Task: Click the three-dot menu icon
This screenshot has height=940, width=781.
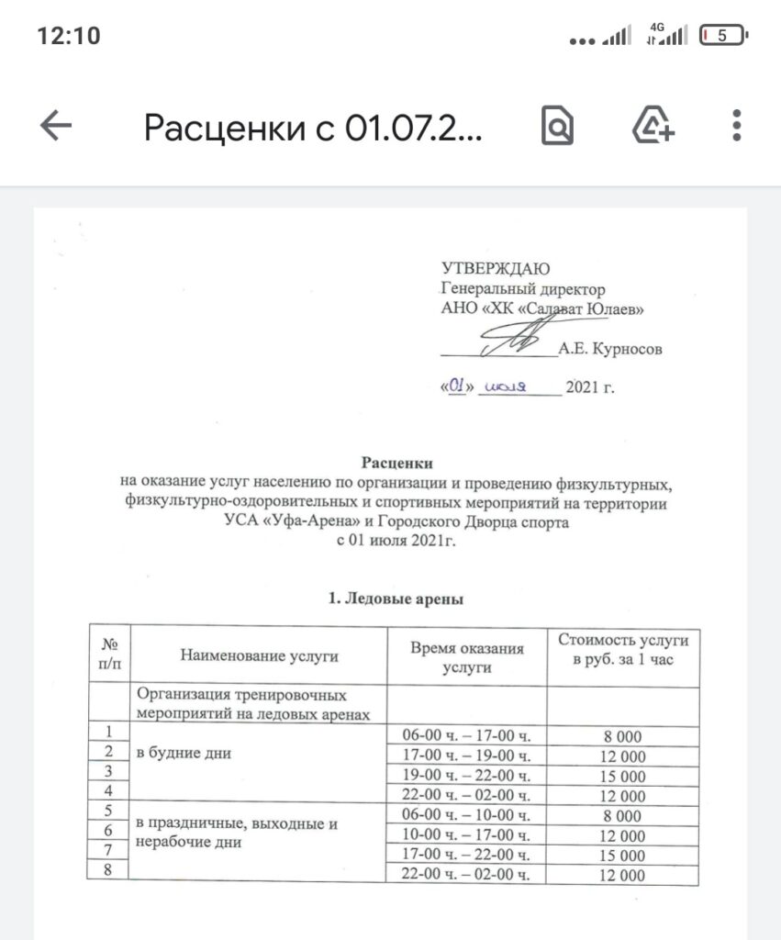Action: (x=736, y=126)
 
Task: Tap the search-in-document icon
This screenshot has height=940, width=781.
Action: (x=556, y=127)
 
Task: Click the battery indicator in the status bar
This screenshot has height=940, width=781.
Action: (x=723, y=36)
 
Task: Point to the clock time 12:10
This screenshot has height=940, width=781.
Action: (x=69, y=36)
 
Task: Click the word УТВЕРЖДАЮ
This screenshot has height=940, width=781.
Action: (x=496, y=269)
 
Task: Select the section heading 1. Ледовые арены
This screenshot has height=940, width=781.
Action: (x=396, y=601)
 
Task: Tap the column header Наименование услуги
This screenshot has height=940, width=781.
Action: (x=259, y=655)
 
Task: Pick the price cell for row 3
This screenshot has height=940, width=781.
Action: (x=623, y=776)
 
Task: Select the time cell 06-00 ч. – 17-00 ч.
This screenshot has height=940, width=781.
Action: (x=468, y=736)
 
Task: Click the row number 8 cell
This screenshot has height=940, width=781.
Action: (x=109, y=872)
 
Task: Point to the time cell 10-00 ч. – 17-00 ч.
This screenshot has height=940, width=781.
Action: (x=468, y=835)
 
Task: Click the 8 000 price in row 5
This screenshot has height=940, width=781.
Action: (x=623, y=816)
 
